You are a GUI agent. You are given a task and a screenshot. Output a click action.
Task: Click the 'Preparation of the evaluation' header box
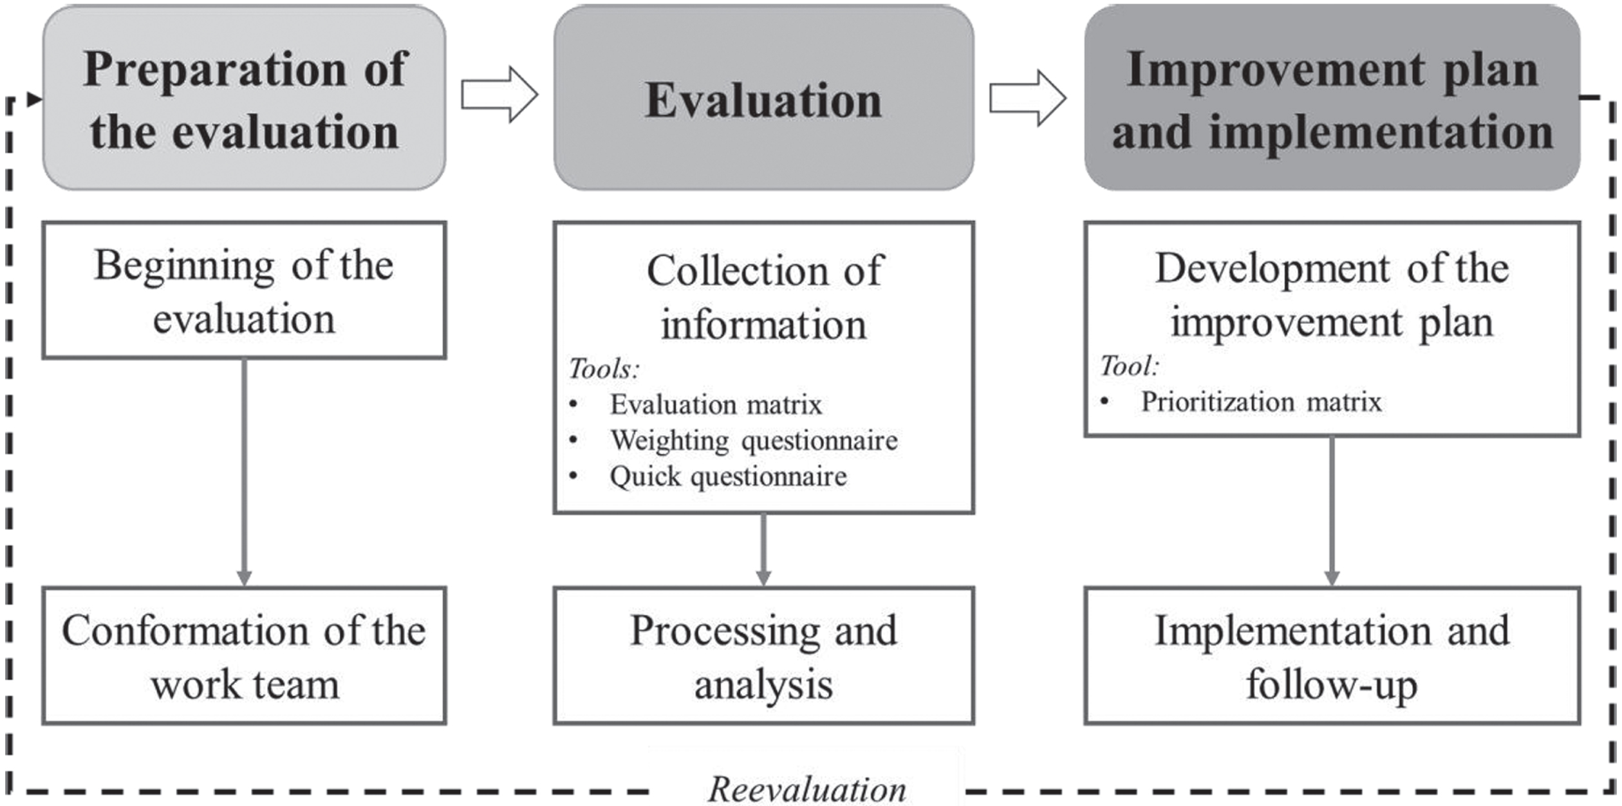coord(244,98)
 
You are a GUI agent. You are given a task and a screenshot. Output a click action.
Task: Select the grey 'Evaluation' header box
coord(763,98)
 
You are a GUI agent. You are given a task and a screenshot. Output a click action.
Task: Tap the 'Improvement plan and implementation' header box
coord(1332,98)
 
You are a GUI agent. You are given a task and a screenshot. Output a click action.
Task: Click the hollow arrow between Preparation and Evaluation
coord(499,95)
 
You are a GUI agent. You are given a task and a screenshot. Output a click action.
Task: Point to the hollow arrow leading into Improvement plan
coord(1028,98)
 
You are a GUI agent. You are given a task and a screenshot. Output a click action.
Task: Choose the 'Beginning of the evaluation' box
coord(244,290)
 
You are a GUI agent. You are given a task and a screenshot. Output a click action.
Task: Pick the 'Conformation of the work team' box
coord(244,655)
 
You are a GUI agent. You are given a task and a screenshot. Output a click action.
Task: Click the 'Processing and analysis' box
coord(763,655)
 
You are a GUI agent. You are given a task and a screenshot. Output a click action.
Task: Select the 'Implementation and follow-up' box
coord(1332,655)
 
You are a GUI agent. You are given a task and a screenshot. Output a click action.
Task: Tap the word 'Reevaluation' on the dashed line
coord(807,789)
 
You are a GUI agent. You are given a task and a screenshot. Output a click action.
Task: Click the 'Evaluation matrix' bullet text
coord(716,405)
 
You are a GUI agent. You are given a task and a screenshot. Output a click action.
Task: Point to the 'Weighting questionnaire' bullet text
coord(754,441)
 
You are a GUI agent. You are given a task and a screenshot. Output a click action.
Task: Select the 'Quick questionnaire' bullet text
coord(728,477)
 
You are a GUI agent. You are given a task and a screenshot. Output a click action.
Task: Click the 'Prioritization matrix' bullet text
coord(1261,402)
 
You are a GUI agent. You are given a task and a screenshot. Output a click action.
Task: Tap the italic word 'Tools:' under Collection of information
coord(604,369)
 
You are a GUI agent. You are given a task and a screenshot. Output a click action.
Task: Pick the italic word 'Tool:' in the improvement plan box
coord(1129,366)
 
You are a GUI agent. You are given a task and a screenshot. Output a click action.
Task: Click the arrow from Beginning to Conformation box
coord(244,473)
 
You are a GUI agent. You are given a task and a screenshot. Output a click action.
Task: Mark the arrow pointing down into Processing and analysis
coord(763,550)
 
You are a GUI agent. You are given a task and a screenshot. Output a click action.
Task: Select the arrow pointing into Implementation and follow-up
coord(1332,512)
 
